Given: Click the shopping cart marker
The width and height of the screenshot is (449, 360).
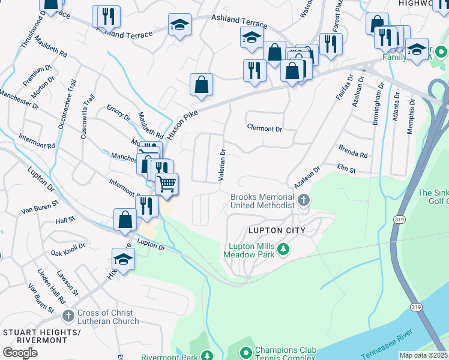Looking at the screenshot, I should click(x=166, y=184).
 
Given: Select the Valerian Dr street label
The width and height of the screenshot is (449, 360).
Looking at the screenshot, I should click(x=221, y=165).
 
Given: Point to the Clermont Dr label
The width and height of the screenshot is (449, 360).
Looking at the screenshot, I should click(x=264, y=128).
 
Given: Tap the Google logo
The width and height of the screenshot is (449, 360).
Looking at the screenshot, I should click(x=20, y=353).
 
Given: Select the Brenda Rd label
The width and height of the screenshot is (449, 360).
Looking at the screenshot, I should click(x=352, y=151).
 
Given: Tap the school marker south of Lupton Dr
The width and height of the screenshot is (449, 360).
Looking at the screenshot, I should click(x=123, y=259).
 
